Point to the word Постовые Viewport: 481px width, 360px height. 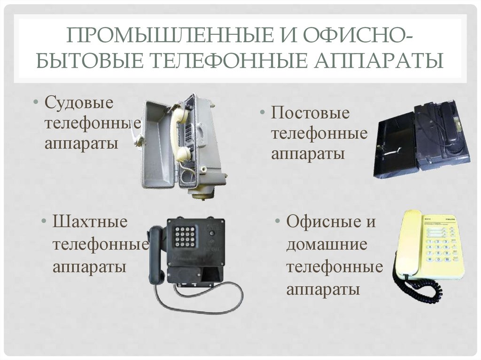coord(310,113)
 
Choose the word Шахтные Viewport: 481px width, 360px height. coord(90,222)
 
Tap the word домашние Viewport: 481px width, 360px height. coord(327,245)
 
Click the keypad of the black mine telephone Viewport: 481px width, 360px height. coord(185,237)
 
